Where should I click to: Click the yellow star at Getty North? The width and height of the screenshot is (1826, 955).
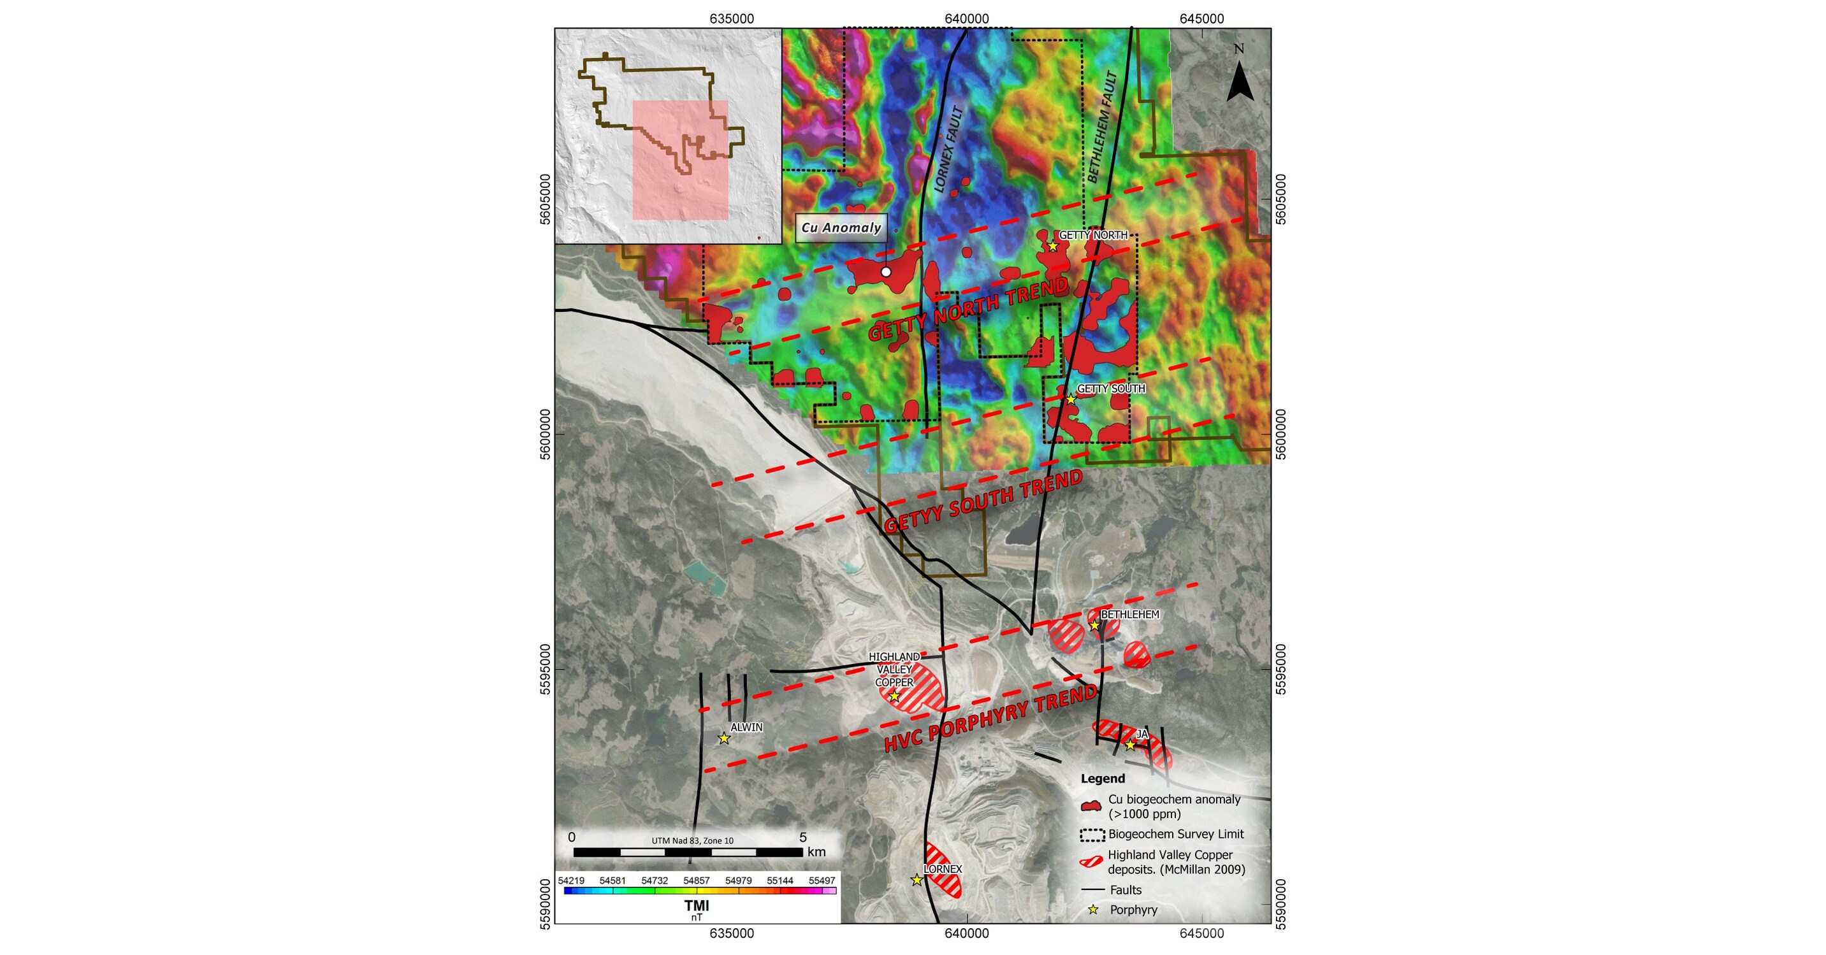[x=1053, y=246]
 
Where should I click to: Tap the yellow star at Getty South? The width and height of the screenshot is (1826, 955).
[x=1071, y=399]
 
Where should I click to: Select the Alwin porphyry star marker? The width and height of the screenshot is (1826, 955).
[x=724, y=738]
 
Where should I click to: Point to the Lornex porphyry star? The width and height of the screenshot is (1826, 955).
[x=917, y=880]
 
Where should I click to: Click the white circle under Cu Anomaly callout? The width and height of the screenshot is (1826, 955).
[x=885, y=272]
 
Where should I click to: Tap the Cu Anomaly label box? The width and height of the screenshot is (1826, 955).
[x=841, y=228]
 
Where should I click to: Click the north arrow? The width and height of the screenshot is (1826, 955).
[x=1240, y=80]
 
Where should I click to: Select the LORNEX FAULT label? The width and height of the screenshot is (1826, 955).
[x=949, y=150]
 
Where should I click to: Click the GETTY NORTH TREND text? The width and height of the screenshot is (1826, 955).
[x=968, y=310]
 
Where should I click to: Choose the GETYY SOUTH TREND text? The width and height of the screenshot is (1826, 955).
[x=983, y=501]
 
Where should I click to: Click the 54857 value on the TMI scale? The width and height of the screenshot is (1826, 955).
[x=696, y=880]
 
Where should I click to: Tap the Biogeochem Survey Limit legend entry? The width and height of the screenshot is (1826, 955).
[x=1175, y=835]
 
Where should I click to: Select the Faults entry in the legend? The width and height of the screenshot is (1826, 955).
[x=1126, y=890]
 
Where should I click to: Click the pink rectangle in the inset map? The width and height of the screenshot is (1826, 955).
[x=681, y=160]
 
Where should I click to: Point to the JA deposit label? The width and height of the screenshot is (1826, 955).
[x=1142, y=735]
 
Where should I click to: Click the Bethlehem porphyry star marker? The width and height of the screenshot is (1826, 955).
[x=1094, y=625]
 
